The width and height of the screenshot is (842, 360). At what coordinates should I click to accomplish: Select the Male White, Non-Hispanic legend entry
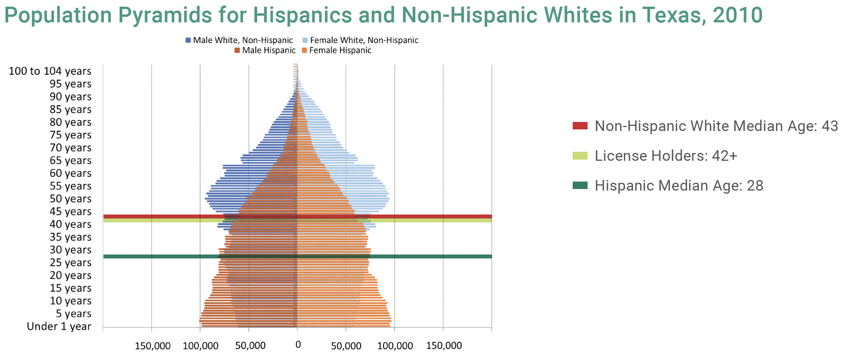[x=239, y=40]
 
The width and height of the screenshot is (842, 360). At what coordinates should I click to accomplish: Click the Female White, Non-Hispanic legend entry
[x=360, y=40]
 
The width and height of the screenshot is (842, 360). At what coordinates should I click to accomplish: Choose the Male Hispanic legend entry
[x=265, y=50]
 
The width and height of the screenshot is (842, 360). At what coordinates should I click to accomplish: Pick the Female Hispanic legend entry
[x=336, y=50]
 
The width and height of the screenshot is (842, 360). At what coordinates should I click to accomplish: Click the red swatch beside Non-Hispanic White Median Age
[x=580, y=125]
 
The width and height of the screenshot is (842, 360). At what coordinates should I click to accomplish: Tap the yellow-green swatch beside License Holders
[x=580, y=156]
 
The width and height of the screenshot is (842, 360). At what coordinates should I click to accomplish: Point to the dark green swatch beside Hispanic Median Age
[x=580, y=185]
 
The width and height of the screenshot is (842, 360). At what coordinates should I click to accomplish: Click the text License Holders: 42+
[x=666, y=156]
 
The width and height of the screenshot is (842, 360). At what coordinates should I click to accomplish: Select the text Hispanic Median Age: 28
[x=679, y=185]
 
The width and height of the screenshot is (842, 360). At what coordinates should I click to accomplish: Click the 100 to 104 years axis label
[x=50, y=71]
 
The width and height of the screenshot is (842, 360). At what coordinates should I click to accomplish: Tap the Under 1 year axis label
[x=59, y=326]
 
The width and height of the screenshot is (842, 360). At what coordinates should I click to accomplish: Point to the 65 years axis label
[x=71, y=160]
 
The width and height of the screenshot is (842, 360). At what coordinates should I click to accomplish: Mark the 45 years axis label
[x=71, y=211]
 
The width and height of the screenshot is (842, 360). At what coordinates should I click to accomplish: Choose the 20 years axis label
[x=71, y=275]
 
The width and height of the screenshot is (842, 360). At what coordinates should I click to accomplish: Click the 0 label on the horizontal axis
[x=298, y=345]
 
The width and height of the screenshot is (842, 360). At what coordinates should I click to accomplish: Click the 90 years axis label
[x=71, y=96]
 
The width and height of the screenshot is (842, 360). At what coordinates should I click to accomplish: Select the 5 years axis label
[x=74, y=314]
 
